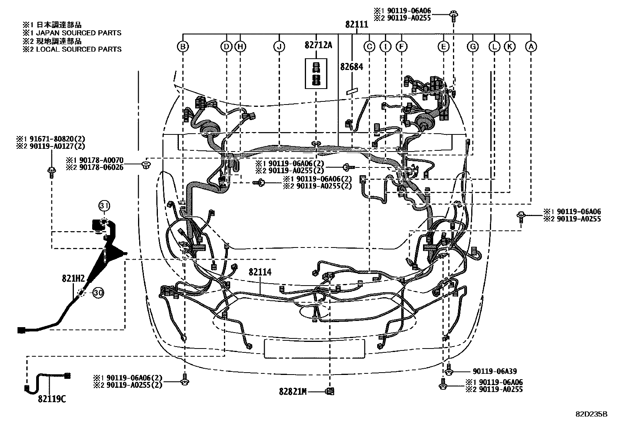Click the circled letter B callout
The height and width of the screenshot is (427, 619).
click(x=183, y=47)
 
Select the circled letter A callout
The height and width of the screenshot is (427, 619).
click(x=531, y=47)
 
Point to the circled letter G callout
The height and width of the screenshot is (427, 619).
click(x=473, y=47)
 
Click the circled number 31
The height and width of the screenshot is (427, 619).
click(x=104, y=206)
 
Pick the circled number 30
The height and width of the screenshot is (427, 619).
click(x=98, y=294)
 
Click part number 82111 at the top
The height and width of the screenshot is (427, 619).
click(x=357, y=24)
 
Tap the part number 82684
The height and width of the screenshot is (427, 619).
click(x=351, y=67)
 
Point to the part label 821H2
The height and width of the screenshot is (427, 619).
click(x=73, y=278)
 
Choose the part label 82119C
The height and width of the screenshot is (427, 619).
click(x=52, y=399)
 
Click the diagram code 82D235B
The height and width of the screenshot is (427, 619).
click(x=591, y=414)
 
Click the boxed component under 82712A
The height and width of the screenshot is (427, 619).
click(x=316, y=74)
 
